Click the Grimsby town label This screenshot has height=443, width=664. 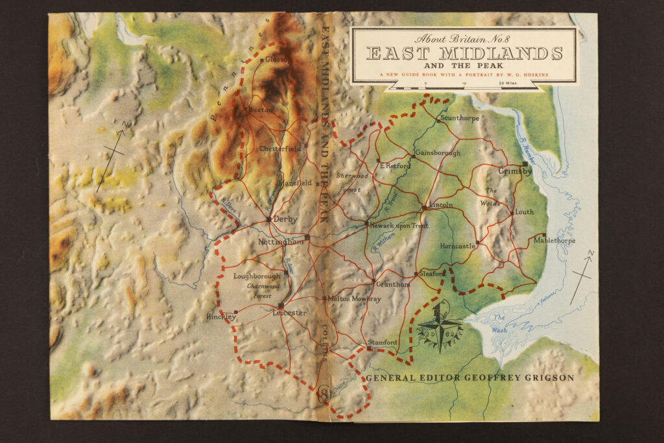[x=515, y=172]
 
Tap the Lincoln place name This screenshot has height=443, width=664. [x=440, y=205]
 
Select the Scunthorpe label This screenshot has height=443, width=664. [x=460, y=119]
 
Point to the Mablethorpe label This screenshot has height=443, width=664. [x=554, y=241]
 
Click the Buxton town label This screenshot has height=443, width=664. [x=261, y=110]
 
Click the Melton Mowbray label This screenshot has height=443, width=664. [x=354, y=299]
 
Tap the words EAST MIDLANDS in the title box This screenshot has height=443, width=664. [x=464, y=53]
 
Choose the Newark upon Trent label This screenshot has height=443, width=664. [x=399, y=226]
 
